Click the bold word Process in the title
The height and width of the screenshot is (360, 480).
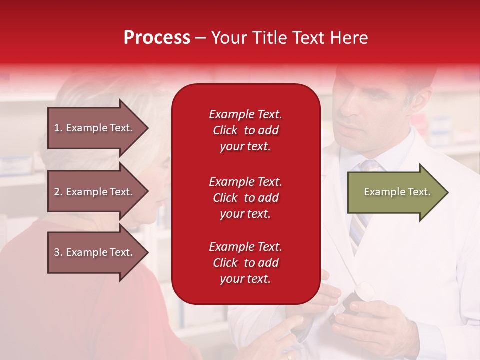[157, 38]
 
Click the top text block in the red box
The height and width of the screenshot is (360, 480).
[245, 130]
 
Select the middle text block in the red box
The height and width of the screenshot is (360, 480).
[245, 198]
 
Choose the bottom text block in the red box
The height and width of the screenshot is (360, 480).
[245, 263]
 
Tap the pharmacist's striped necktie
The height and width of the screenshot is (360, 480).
[359, 220]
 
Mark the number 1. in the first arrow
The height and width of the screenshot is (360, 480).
[58, 128]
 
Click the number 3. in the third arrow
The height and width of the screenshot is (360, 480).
[58, 252]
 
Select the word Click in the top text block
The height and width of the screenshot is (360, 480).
[225, 130]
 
